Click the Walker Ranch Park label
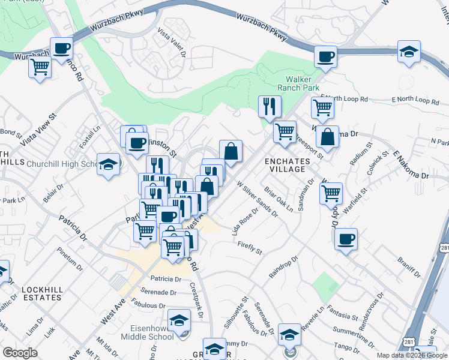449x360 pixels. (302, 83)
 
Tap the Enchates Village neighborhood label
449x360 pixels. (287, 165)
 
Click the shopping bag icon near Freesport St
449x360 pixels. (327, 136)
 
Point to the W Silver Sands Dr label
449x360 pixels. (258, 200)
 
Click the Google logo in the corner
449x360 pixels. (20, 352)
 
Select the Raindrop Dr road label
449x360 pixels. (283, 267)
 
